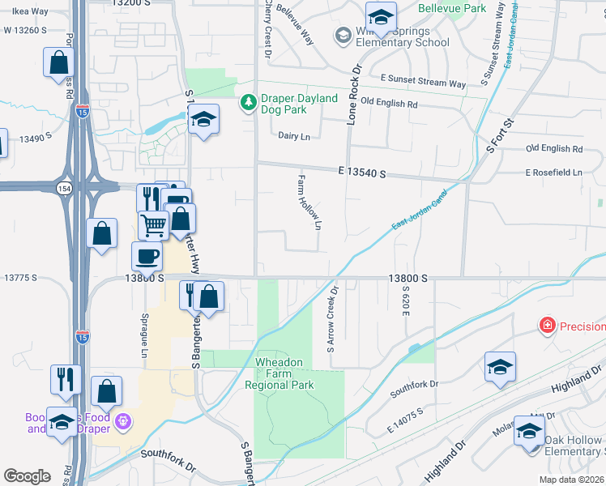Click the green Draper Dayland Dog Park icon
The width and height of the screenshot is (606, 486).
click(x=248, y=103)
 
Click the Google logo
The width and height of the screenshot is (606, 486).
click(x=27, y=476)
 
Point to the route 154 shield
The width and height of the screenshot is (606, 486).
click(x=63, y=188)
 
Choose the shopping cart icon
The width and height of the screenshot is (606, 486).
click(x=153, y=225)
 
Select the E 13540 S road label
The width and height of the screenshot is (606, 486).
click(x=362, y=174)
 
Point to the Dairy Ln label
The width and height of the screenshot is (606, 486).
click(x=293, y=137)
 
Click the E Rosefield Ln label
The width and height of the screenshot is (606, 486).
click(x=553, y=173)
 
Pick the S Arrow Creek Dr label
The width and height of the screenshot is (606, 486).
click(x=331, y=318)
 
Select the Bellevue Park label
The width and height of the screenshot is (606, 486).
click(x=452, y=9)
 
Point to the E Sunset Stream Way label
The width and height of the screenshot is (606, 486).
click(x=423, y=83)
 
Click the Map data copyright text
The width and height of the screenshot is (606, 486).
click(x=571, y=480)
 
